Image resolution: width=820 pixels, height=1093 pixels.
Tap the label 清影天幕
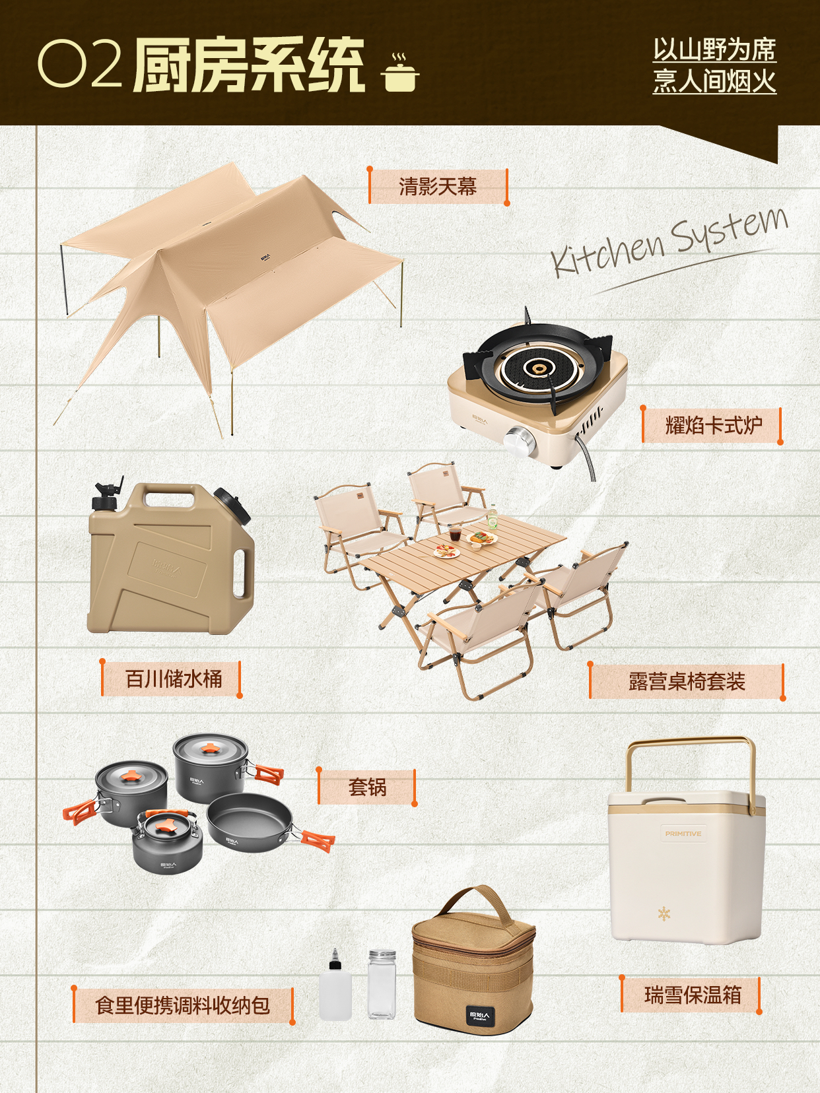pos(438,187)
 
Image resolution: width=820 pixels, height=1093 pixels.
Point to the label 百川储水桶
pos(173,679)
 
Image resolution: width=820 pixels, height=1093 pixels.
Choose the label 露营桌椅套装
pos(687,681)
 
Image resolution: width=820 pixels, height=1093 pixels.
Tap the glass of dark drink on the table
pos(455,533)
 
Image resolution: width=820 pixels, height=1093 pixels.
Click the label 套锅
pos(368,787)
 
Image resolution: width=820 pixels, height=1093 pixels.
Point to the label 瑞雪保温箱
pos(693,995)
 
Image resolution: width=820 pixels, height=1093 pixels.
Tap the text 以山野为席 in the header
pos(714,50)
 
